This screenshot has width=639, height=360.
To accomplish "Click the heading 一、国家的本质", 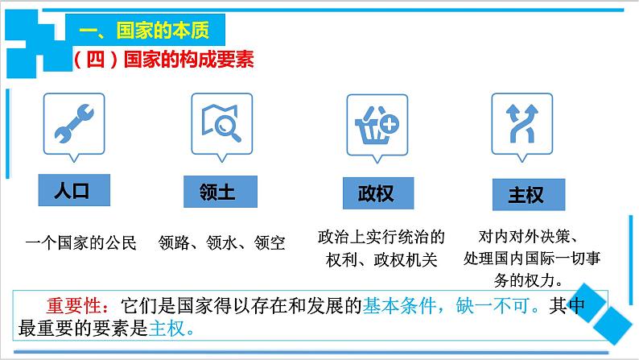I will click(x=146, y=31).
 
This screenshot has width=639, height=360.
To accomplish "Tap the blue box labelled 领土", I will click(x=216, y=192).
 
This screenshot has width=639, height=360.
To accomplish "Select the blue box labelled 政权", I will click(x=375, y=193).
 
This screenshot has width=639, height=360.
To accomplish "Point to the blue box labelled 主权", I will click(x=526, y=195).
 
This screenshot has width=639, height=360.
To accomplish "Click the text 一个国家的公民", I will click(x=81, y=242).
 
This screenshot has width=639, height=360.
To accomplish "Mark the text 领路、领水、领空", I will click(x=217, y=242).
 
